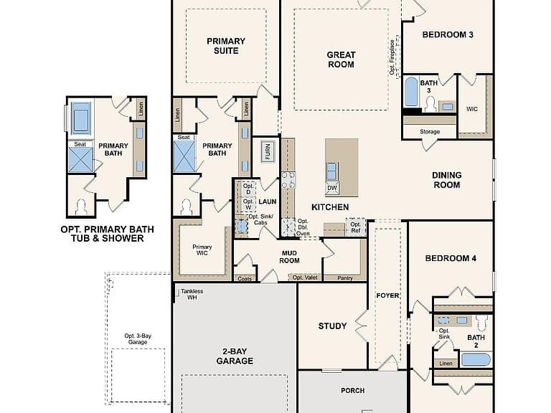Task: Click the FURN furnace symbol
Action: (x=268, y=152)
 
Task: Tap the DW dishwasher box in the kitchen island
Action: (x=332, y=189)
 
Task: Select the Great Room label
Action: (x=341, y=60)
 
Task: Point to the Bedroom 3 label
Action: (x=448, y=34)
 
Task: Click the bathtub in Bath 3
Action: (x=411, y=92)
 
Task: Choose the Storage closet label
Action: (x=430, y=132)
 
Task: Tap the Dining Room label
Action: (x=447, y=180)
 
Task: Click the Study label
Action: (x=332, y=326)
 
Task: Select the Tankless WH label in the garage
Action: (x=192, y=294)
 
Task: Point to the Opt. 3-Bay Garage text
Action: (x=138, y=339)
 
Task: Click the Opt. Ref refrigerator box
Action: (x=356, y=227)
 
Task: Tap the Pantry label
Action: (x=345, y=278)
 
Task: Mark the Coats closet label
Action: (x=245, y=279)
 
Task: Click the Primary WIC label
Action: (x=202, y=250)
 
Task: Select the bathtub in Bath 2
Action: (x=476, y=360)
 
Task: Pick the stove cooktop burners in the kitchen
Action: (x=288, y=180)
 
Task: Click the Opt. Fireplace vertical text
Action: (x=392, y=57)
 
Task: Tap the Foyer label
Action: (x=387, y=295)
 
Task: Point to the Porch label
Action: (x=352, y=391)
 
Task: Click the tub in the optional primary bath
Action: (x=81, y=118)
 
